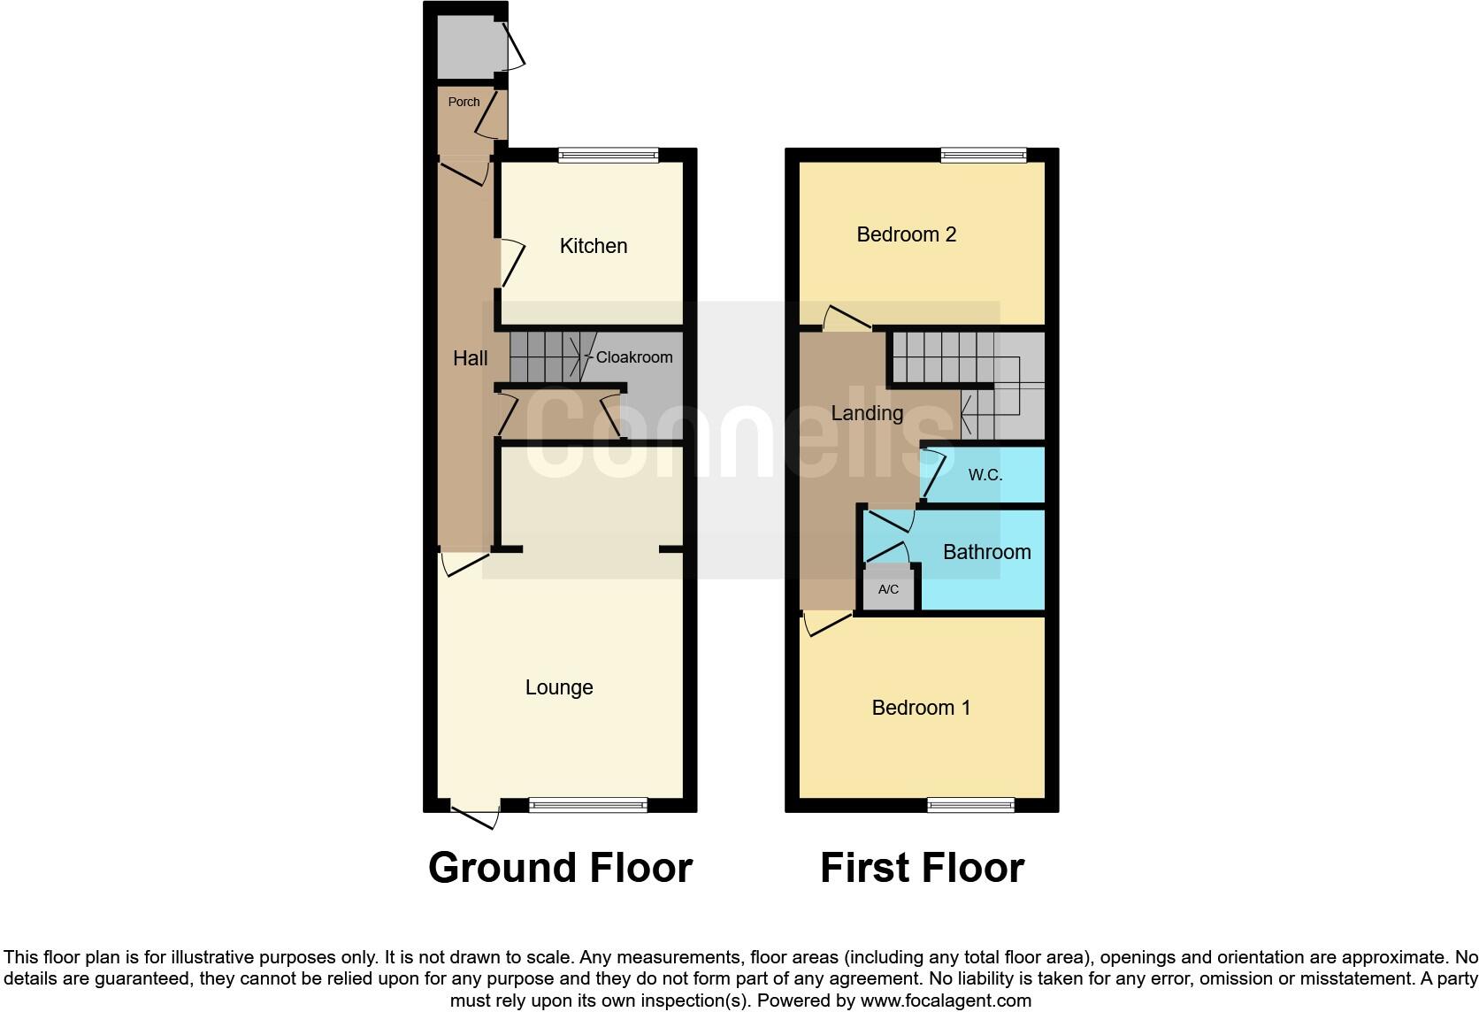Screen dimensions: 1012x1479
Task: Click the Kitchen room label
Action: [x=594, y=246]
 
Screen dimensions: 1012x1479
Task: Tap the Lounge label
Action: [x=559, y=687]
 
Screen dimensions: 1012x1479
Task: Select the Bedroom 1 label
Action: [x=921, y=708]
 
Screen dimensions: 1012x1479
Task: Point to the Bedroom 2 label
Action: [x=907, y=234]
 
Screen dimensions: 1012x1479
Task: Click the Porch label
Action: [x=464, y=102]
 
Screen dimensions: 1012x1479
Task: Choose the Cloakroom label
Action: [x=634, y=357]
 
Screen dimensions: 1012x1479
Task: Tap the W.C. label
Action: [x=985, y=475]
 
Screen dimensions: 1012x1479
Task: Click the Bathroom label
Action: [x=987, y=552]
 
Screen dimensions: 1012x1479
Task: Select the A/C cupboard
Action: [x=888, y=589]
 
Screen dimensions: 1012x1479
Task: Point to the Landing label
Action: [x=867, y=413]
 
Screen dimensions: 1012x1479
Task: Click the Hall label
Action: [x=470, y=358]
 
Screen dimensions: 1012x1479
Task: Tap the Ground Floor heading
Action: [x=560, y=868]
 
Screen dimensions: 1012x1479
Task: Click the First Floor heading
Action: [x=922, y=868]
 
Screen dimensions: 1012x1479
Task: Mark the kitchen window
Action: [x=609, y=156]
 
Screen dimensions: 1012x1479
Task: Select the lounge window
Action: [x=588, y=805]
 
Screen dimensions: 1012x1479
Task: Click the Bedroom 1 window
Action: [x=970, y=805]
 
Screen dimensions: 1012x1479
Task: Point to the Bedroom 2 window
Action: [x=984, y=156]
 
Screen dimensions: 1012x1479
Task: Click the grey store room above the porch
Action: [x=466, y=47]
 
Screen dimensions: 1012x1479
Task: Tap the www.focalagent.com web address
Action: [x=946, y=1001]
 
